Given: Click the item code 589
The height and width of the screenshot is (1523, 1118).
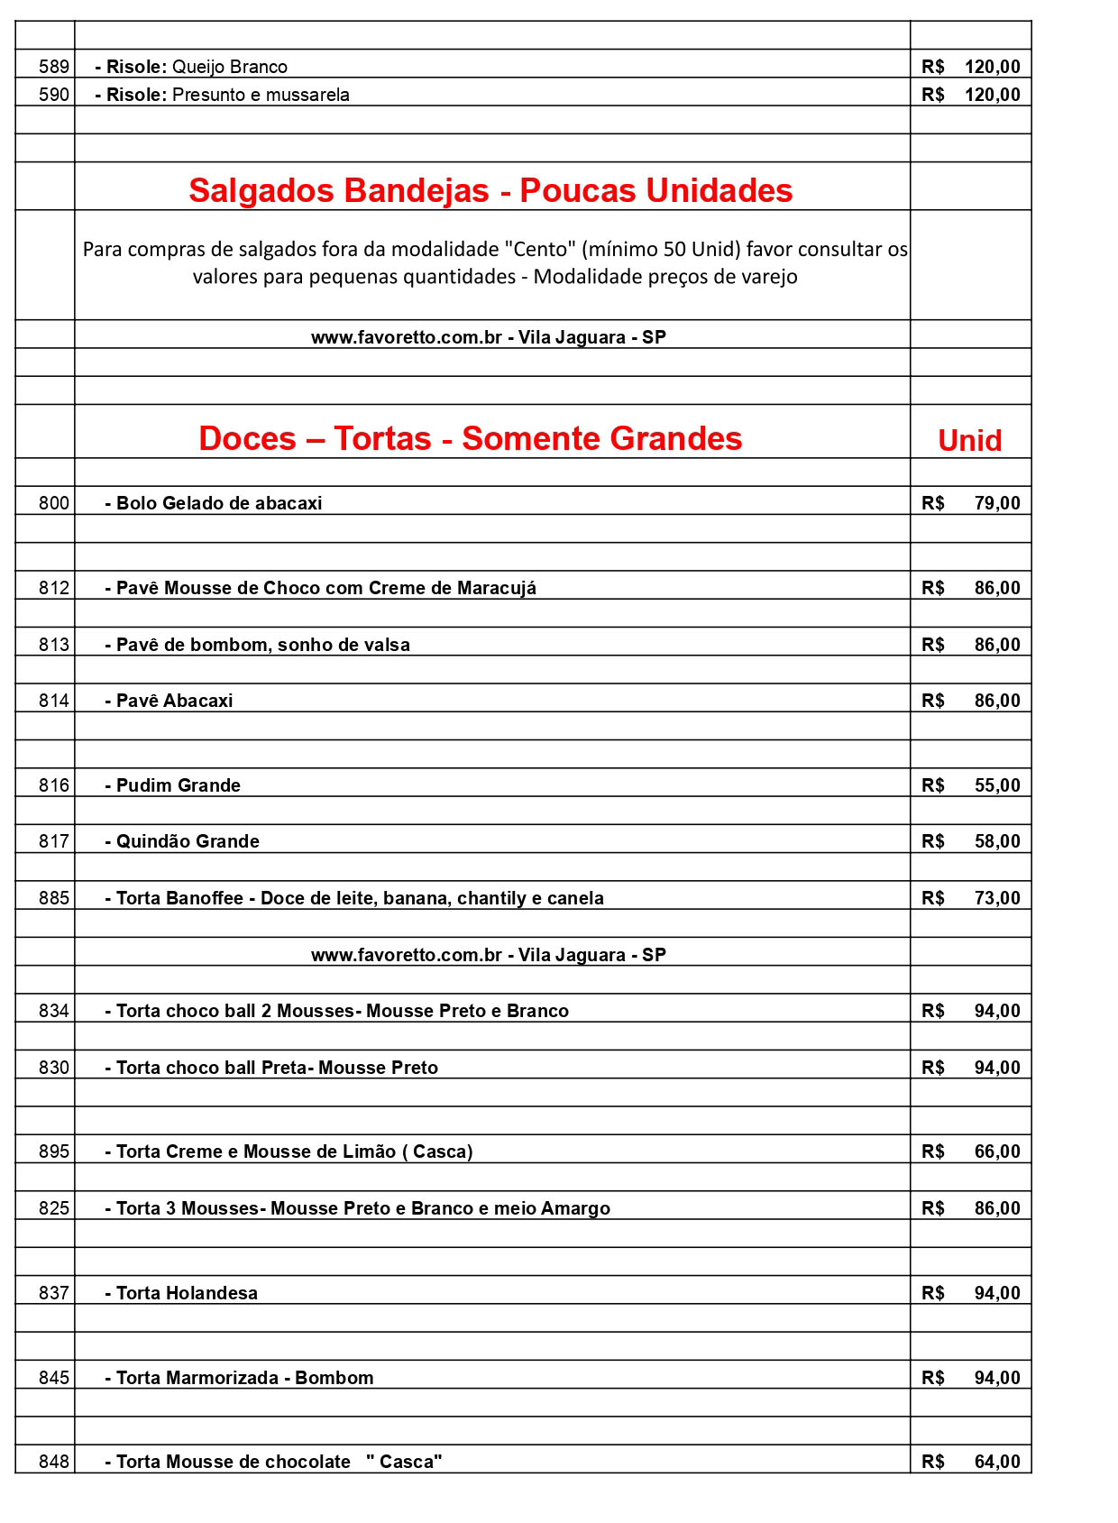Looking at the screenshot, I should pyautogui.click(x=54, y=67).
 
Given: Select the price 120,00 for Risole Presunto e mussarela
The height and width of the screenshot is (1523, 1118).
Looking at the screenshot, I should pyautogui.click(x=992, y=95).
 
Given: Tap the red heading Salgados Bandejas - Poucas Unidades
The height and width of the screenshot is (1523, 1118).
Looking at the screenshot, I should pyautogui.click(x=490, y=190).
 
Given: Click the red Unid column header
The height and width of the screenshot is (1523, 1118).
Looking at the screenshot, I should pyautogui.click(x=969, y=440).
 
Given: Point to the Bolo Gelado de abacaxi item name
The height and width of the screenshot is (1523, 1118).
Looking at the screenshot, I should pyautogui.click(x=214, y=503).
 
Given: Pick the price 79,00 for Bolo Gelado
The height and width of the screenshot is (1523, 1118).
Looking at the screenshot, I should pyautogui.click(x=996, y=503).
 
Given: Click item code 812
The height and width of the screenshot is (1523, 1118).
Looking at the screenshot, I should pyautogui.click(x=54, y=588).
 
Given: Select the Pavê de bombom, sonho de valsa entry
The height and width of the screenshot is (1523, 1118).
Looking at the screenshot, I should pyautogui.click(x=258, y=645).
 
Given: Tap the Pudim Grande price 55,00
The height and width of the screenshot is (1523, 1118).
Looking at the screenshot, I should pyautogui.click(x=996, y=785).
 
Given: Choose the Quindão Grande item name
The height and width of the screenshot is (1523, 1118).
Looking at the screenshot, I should pyautogui.click(x=183, y=841).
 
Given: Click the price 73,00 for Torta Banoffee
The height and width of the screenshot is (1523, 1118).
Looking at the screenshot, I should pyautogui.click(x=996, y=898).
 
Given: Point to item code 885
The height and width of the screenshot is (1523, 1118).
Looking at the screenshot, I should pyautogui.click(x=54, y=898).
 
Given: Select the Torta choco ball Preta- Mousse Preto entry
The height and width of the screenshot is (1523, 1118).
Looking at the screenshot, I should pyautogui.click(x=271, y=1068).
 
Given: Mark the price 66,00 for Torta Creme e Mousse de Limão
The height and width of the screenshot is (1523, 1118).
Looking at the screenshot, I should pyautogui.click(x=996, y=1151).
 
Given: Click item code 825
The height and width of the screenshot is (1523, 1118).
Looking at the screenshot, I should pyautogui.click(x=54, y=1208).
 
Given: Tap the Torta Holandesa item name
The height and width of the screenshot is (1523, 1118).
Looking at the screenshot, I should pyautogui.click(x=182, y=1293).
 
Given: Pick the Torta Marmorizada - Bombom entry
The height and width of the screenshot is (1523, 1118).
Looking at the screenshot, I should pyautogui.click(x=240, y=1378).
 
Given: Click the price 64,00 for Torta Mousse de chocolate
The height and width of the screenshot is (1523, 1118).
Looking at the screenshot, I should pyautogui.click(x=996, y=1462).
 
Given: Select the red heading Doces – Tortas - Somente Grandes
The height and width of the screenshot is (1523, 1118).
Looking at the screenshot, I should pyautogui.click(x=470, y=438).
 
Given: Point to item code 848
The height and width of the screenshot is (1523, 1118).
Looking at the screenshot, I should pyautogui.click(x=54, y=1462).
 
